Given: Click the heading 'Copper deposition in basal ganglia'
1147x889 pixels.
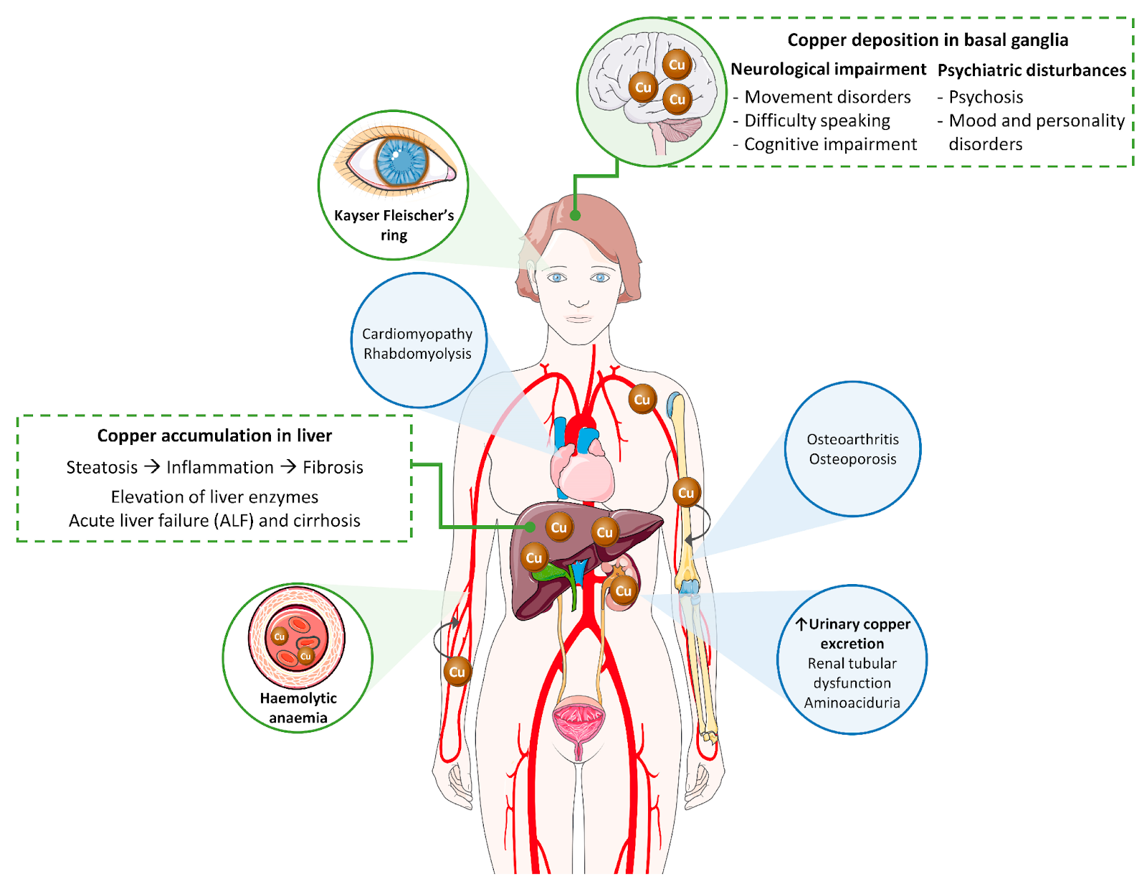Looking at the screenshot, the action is pos(927,40).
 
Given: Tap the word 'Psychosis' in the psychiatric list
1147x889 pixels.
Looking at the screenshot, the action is pos(986,97).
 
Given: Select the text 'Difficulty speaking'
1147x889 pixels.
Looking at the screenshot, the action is pos(817,121).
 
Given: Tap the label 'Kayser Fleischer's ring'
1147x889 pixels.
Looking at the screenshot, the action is pos(394,225).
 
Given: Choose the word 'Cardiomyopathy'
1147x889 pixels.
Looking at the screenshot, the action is pos(417,334).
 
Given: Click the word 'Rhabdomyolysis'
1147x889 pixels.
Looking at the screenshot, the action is pos(417,354).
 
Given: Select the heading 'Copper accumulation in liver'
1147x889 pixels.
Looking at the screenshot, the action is pos(214,436).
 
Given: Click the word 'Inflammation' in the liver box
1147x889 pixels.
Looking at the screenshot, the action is pos(220,468).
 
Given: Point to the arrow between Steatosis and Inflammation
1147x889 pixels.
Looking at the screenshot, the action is pos(152,466).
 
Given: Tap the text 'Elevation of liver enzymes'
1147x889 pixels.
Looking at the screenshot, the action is pos(214,497).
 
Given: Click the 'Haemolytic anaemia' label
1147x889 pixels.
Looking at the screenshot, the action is pos(298,707).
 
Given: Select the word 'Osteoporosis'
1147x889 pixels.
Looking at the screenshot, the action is pos(852,459).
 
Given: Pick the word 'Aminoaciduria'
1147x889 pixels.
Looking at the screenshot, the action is pos(852,702).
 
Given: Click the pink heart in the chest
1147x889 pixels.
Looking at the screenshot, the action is pos(581,473).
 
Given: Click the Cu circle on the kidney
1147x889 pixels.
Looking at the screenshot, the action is pos(624,591).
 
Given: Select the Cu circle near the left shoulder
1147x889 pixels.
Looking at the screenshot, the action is pos(642,400).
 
